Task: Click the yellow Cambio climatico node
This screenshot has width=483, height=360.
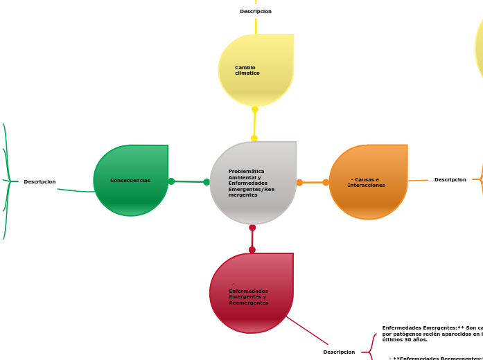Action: click(256, 70)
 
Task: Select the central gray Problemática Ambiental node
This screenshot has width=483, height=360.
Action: click(253, 183)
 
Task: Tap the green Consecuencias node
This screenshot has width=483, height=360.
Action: click(131, 181)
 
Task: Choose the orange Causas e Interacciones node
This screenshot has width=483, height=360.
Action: click(368, 182)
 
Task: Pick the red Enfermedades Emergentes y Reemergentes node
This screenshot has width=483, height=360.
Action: click(251, 294)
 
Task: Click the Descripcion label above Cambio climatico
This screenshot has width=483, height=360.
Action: click(256, 12)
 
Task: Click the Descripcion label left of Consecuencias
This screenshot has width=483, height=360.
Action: click(39, 182)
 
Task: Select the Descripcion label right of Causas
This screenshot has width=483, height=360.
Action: click(450, 180)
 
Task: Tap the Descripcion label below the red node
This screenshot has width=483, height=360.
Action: click(339, 352)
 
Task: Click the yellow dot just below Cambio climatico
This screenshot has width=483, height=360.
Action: click(255, 109)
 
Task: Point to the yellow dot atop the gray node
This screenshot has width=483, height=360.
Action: click(254, 138)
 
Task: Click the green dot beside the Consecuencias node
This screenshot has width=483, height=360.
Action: click(171, 181)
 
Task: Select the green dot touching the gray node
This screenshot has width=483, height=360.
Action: click(207, 182)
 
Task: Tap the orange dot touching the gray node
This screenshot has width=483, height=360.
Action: click(299, 183)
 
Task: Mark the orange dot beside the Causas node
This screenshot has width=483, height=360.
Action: click(326, 183)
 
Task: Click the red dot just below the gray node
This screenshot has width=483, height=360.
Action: click(252, 228)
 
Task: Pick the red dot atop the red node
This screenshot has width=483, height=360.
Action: click(252, 250)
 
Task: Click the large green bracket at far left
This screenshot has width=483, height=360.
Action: click(7, 181)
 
